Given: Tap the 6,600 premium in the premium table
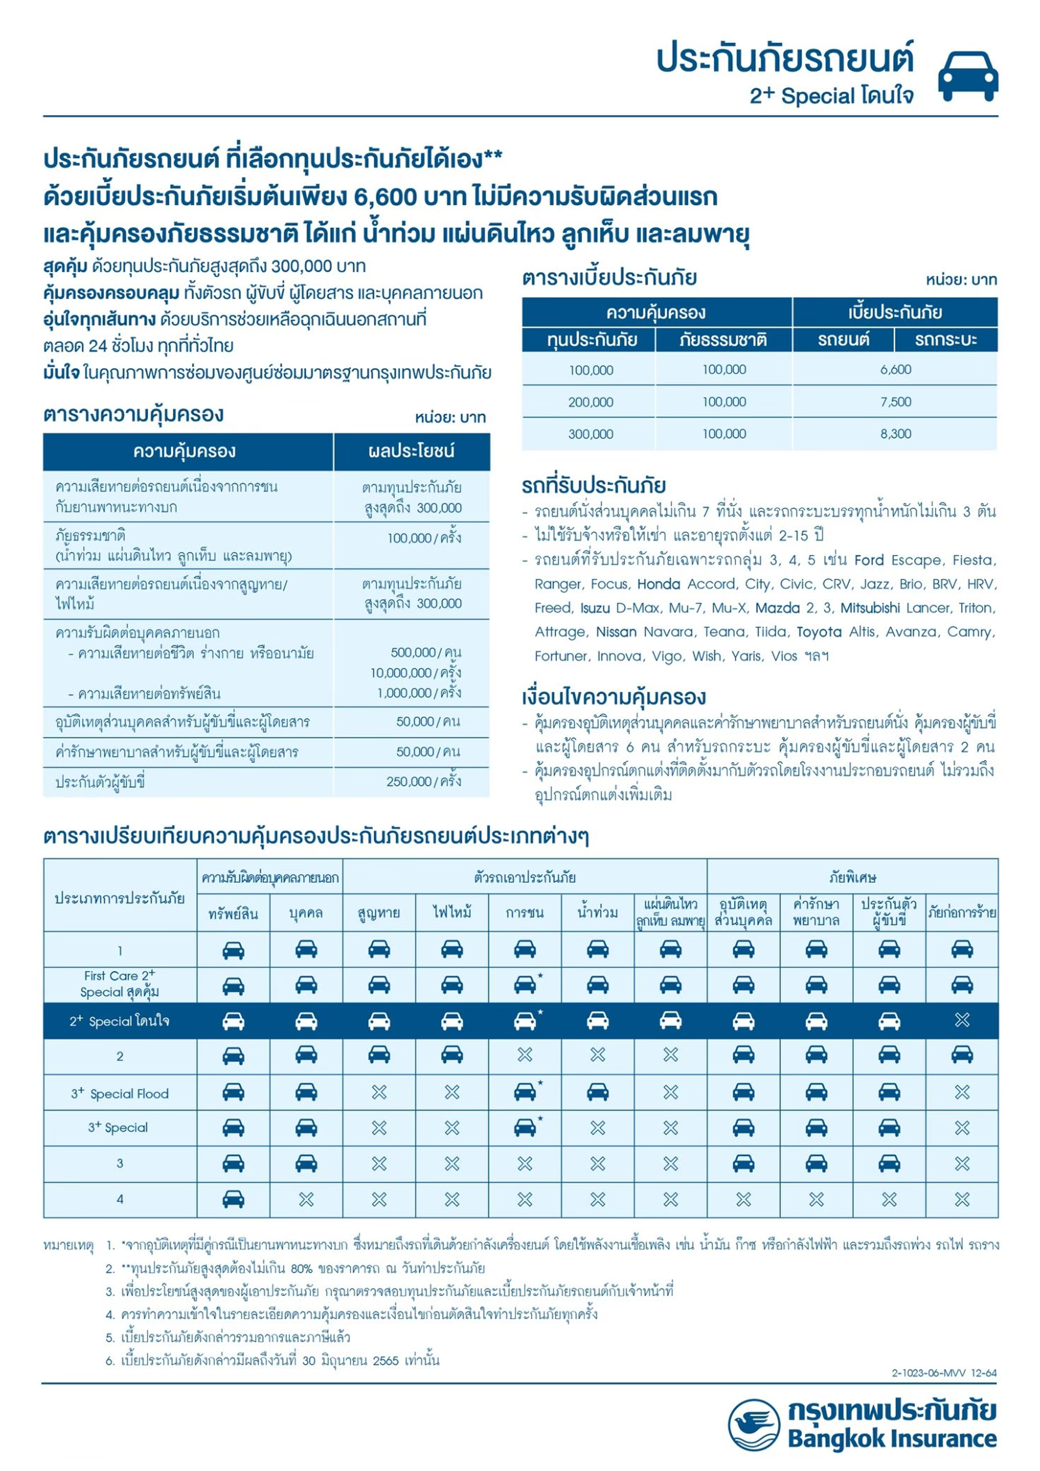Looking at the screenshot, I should [x=895, y=370].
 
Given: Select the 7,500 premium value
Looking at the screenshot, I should [x=895, y=402].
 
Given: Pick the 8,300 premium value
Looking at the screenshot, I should [x=895, y=434].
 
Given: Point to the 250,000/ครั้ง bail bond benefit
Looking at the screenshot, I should [x=424, y=782].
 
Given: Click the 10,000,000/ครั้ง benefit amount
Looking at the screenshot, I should [x=415, y=673].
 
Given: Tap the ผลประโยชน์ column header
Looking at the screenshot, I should [x=411, y=452].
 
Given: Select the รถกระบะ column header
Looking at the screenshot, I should [x=946, y=340].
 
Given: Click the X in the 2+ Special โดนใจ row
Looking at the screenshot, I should [x=962, y=1020].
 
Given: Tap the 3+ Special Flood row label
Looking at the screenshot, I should [x=120, y=1094].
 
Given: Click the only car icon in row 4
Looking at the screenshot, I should [x=233, y=1199].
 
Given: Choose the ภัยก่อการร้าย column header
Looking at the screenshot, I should [x=962, y=913].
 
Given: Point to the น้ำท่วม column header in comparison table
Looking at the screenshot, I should [x=597, y=913].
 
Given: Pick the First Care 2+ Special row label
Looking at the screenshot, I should [x=120, y=984].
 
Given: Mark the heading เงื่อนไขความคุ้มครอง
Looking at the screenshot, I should [x=614, y=697].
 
